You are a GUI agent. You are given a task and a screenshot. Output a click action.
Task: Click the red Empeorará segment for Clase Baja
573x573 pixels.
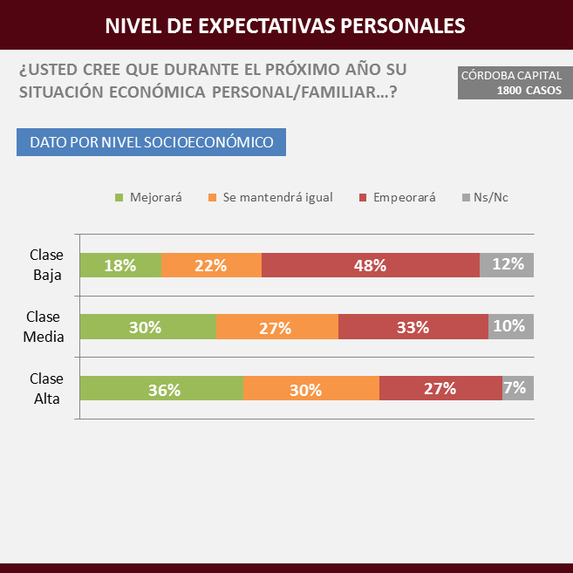[371, 265]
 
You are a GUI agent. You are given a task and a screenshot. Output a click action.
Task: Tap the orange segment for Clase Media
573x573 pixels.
[276, 327]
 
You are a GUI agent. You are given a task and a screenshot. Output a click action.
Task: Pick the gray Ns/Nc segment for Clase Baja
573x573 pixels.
[507, 265]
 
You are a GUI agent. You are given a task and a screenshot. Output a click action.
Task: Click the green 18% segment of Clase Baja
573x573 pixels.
[120, 265]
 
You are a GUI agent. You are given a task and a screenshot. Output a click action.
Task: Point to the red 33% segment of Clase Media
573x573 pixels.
[413, 327]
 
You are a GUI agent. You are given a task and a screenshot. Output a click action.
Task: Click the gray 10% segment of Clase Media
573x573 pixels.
[511, 327]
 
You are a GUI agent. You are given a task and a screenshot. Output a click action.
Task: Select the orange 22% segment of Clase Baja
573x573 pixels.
[212, 265]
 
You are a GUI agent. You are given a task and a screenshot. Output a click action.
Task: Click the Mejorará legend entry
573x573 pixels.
[149, 197]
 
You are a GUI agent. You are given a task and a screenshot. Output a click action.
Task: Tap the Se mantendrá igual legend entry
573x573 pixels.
[270, 197]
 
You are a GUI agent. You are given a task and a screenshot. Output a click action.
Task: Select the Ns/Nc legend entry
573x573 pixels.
[485, 197]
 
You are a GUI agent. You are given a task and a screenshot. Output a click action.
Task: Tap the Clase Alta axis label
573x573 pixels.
[46, 388]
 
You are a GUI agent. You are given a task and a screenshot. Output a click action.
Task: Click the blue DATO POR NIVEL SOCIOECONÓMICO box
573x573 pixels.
[151, 142]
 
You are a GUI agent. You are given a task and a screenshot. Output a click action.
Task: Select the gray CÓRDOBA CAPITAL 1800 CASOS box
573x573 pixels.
[511, 83]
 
